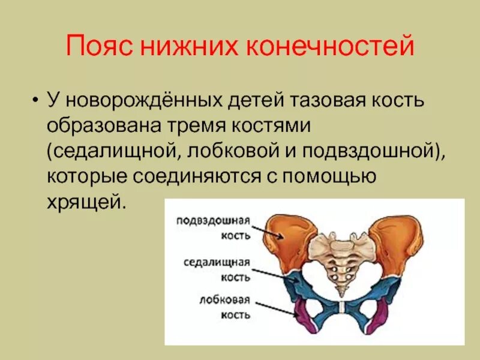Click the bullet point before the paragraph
[36, 99]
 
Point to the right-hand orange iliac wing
[396, 240]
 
